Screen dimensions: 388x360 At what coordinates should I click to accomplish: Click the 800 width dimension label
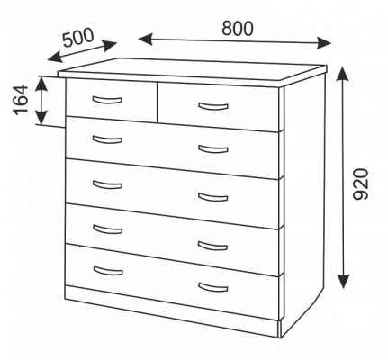point(238,29)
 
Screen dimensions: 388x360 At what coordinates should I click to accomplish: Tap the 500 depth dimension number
point(78,38)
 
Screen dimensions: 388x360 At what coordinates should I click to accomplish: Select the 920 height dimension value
point(360,184)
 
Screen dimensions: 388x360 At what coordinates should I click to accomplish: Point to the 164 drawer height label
point(21,100)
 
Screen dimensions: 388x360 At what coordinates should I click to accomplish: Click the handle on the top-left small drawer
point(107,101)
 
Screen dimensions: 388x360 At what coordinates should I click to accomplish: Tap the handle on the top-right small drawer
point(213,107)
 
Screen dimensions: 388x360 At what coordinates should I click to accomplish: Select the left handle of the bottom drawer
point(108,271)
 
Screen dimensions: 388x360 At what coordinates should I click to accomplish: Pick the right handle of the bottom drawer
point(212,287)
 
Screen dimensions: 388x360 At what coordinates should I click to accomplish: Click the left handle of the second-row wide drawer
point(107,140)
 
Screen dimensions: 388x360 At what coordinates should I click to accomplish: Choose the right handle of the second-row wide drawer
point(213,149)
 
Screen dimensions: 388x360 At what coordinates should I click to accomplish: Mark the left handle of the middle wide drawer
point(107,184)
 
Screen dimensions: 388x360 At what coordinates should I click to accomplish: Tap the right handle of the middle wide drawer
point(212,198)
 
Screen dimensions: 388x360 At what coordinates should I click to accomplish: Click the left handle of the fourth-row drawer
point(108,229)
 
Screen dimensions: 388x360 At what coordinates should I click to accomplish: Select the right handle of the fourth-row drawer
point(212,246)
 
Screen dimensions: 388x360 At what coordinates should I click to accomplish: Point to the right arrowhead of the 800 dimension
point(324,43)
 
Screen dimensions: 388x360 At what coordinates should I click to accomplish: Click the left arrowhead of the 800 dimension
point(146,40)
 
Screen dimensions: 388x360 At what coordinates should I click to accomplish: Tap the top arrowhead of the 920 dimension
point(342,75)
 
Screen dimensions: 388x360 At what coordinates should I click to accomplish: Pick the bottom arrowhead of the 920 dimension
point(344,282)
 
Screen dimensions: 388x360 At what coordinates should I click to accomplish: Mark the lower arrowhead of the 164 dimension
point(41,118)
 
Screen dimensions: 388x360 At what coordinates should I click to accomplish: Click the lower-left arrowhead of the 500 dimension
point(55,57)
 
